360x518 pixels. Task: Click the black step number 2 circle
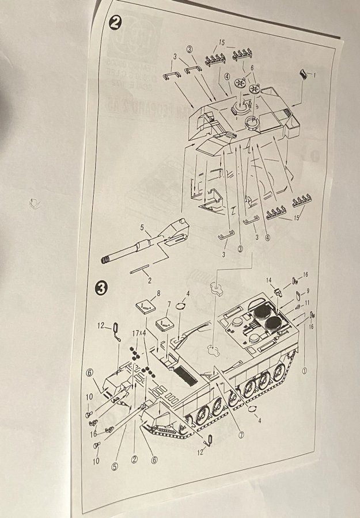[115, 24]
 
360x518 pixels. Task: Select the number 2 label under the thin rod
[149, 281]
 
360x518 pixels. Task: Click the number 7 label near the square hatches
[169, 303]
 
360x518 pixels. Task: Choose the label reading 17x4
[139, 333]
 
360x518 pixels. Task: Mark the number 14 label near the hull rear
[268, 280]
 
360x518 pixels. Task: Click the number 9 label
[308, 291]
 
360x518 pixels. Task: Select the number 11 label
[308, 302]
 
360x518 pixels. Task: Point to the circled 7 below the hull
[241, 435]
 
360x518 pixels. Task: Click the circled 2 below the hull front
[134, 458]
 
